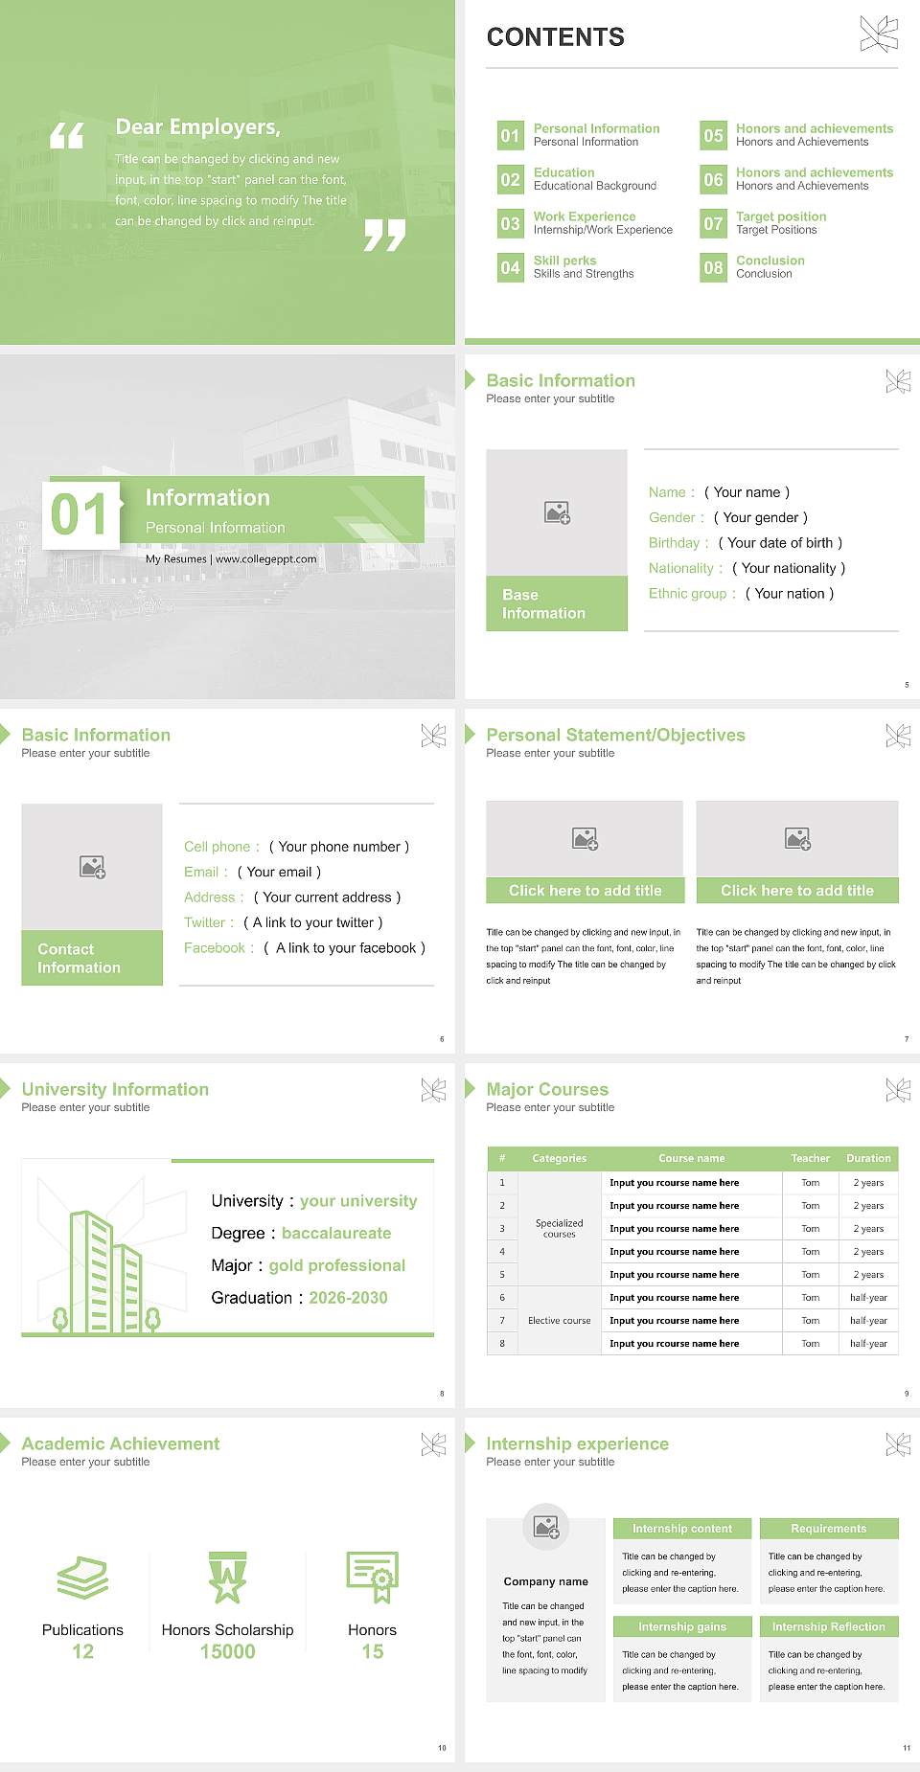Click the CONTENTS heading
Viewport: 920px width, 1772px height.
pyautogui.click(x=555, y=37)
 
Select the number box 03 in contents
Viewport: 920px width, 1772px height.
pyautogui.click(x=510, y=224)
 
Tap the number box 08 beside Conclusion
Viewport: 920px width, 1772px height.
pyautogui.click(x=713, y=268)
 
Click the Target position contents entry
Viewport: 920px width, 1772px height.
pyautogui.click(x=780, y=217)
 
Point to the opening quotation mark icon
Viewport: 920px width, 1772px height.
pyautogui.click(x=67, y=136)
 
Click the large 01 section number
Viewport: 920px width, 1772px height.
pyautogui.click(x=80, y=514)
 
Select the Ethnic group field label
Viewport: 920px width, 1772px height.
pyautogui.click(x=687, y=594)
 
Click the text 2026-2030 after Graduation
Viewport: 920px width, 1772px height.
pyautogui.click(x=348, y=1298)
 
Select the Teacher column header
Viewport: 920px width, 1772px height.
pyautogui.click(x=810, y=1158)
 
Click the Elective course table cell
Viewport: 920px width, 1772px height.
pyautogui.click(x=559, y=1321)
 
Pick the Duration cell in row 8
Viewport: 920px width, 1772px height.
pyautogui.click(x=868, y=1344)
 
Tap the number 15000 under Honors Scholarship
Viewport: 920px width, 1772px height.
pyautogui.click(x=227, y=1651)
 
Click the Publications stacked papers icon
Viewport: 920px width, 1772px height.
pyautogui.click(x=82, y=1578)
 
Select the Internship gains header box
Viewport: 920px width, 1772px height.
pyautogui.click(x=682, y=1626)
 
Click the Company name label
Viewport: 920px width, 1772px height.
pyautogui.click(x=545, y=1581)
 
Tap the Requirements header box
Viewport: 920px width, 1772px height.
pyautogui.click(x=828, y=1529)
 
